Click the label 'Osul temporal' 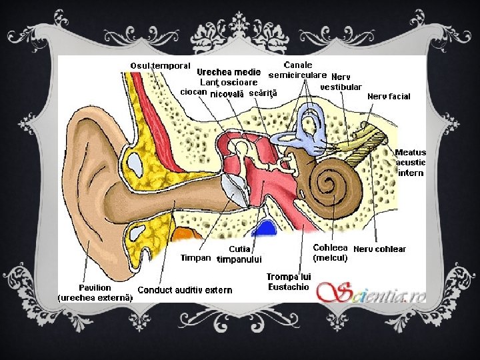pos(161,65)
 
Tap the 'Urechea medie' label pos(228,72)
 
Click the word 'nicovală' pos(227,93)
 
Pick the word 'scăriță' pos(262,93)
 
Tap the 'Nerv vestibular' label pos(341,81)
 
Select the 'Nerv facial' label pos(389,96)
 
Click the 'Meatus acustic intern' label pos(411,162)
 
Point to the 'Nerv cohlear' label pos(379,249)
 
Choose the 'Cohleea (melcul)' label pos(330,252)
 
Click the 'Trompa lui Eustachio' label pos(289,281)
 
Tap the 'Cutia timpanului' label pos(239,254)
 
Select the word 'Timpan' pos(196,257)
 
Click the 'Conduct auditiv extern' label pos(185,289)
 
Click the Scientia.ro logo pos(371,291)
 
